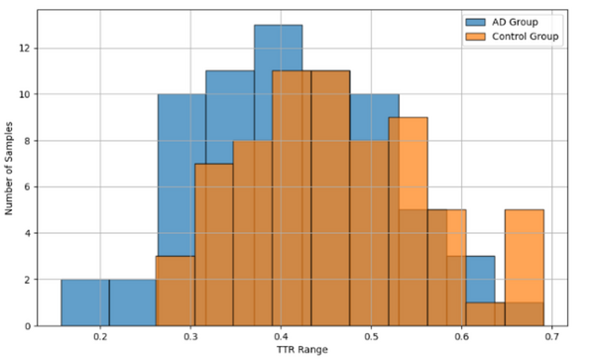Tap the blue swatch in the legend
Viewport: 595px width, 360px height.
click(x=475, y=22)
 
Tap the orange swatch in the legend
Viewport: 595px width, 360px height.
click(x=475, y=37)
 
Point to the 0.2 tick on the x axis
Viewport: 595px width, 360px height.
click(x=100, y=337)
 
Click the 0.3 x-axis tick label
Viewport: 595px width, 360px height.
click(x=190, y=337)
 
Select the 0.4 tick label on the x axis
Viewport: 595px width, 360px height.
click(x=281, y=337)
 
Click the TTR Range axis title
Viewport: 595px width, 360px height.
click(x=302, y=351)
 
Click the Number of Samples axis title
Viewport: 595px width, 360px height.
click(x=10, y=169)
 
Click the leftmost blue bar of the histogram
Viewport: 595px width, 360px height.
click(x=84, y=302)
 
